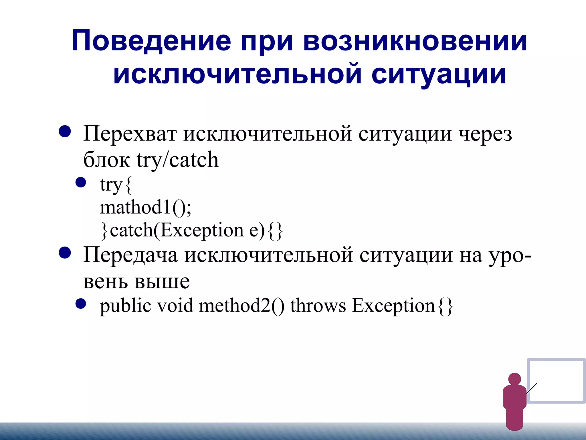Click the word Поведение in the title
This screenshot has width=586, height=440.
(151, 41)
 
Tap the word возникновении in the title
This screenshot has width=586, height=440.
(415, 41)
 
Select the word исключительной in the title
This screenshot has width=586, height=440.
(237, 74)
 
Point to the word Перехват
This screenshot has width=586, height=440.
(130, 134)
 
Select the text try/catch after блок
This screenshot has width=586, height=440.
(178, 160)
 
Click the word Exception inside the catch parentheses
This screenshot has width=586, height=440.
(202, 230)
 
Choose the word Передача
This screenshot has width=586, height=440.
(130, 255)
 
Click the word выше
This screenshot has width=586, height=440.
(162, 281)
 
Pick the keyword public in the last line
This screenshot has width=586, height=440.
(125, 306)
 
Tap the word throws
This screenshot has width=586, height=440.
(318, 306)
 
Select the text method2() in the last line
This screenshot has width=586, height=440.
(242, 306)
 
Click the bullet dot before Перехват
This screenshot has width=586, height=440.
(65, 132)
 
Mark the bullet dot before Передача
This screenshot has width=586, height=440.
(65, 253)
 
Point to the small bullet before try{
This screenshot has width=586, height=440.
(81, 182)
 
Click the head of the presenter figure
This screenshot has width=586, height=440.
(514, 379)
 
